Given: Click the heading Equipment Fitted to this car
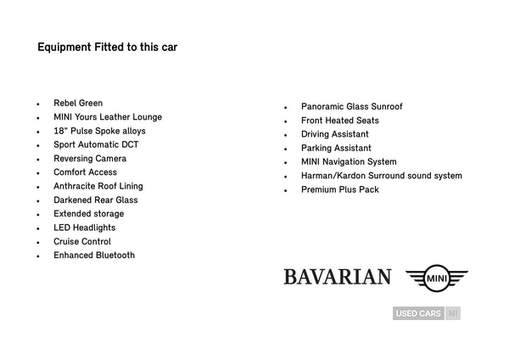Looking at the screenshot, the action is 107,48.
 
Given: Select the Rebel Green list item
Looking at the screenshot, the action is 78,104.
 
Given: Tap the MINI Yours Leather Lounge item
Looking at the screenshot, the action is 108,117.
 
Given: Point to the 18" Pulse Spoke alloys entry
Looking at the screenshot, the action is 99,131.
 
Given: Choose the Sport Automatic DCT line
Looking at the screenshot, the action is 96,145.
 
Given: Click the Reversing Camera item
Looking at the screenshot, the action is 90,159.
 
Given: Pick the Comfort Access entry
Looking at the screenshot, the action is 86,172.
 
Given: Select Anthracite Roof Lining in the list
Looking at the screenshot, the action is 98,186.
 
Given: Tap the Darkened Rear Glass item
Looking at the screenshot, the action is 96,200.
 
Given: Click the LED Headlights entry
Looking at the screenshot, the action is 85,228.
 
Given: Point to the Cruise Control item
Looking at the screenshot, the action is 82,242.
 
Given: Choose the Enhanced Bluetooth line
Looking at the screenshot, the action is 94,256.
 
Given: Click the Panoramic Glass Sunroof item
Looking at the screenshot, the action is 351,107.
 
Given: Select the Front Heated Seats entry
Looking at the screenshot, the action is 339,121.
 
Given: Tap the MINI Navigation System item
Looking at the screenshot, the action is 349,162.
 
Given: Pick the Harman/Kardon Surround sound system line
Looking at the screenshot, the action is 381,176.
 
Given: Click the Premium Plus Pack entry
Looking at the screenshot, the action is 339,190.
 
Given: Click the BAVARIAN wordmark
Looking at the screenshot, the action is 337,278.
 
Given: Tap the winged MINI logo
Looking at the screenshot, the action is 436,278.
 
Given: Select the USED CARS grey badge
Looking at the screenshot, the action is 418,313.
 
